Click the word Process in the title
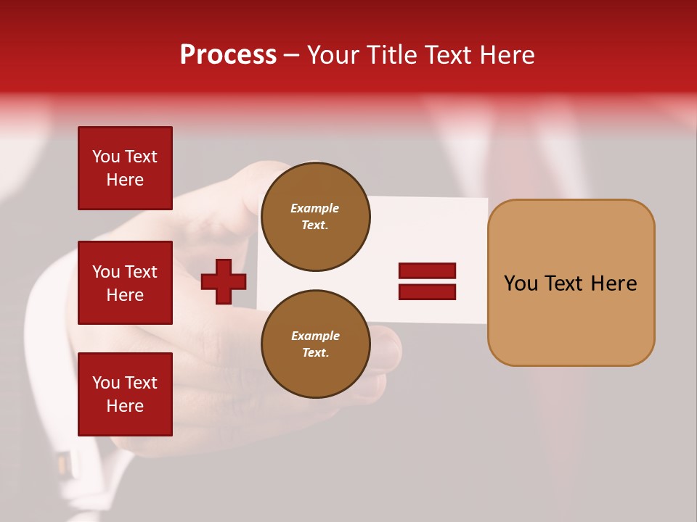(228, 55)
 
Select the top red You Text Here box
(125, 168)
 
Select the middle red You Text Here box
(125, 283)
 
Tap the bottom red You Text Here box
(125, 394)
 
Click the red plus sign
(224, 281)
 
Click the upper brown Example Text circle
(315, 217)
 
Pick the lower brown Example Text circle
(315, 344)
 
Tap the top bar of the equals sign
(427, 271)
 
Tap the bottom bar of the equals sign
(427, 291)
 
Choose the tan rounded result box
(571, 319)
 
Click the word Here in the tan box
(614, 283)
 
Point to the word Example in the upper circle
(314, 208)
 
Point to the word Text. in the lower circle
(315, 353)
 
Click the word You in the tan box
(521, 283)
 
